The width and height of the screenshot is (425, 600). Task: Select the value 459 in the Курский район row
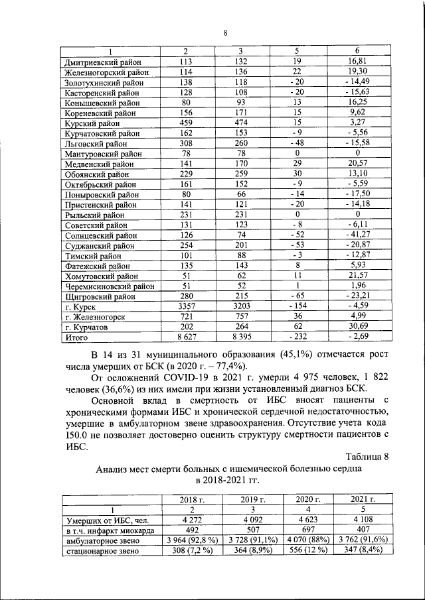(186, 123)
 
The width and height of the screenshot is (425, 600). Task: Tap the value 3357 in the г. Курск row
(186, 307)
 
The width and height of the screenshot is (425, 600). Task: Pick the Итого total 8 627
(186, 338)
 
